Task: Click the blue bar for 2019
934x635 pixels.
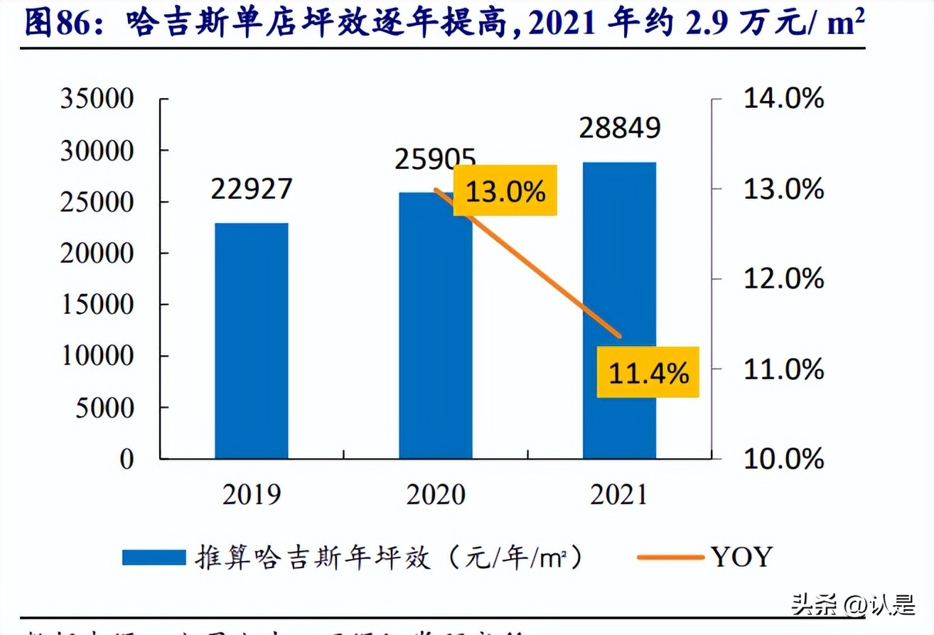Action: [x=252, y=341]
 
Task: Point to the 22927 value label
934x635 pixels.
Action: [x=252, y=189]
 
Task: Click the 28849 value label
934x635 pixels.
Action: [x=620, y=128]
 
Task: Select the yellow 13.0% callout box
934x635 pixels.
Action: [x=505, y=190]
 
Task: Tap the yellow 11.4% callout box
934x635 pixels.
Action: [x=648, y=372]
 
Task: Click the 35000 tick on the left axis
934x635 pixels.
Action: [x=97, y=99]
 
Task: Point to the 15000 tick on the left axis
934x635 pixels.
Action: [x=97, y=305]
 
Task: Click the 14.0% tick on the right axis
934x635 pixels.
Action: [x=783, y=99]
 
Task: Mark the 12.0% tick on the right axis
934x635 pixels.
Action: [x=783, y=278]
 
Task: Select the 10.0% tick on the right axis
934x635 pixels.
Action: [x=783, y=459]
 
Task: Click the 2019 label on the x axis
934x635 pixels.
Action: [x=252, y=494]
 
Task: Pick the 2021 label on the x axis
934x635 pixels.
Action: [x=619, y=494]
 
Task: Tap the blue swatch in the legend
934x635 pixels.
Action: [x=153, y=558]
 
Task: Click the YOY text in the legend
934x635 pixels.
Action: [x=740, y=558]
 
